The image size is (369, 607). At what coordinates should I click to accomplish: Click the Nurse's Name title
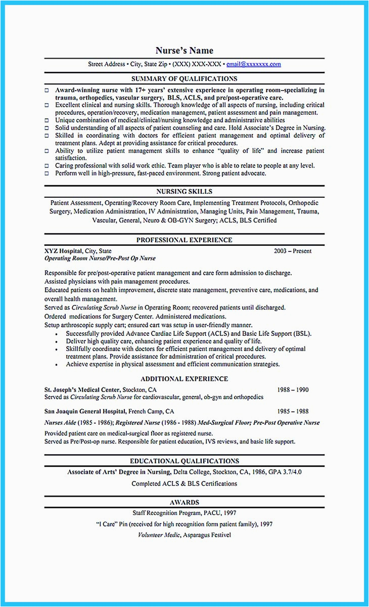click(184, 51)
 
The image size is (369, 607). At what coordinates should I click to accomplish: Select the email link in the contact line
click(253, 64)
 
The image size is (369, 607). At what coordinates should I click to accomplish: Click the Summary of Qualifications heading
click(184, 79)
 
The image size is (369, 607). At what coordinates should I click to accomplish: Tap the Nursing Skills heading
click(184, 192)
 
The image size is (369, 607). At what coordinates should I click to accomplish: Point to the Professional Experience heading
click(184, 240)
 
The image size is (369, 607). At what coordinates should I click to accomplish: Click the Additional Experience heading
click(184, 379)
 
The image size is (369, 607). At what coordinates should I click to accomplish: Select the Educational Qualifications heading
click(184, 461)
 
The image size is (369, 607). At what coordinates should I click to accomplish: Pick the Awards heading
click(184, 502)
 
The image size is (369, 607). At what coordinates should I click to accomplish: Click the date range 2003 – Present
click(293, 251)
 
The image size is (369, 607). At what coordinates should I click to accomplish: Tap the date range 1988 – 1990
click(293, 390)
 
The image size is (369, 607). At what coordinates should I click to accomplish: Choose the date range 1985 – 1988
click(293, 412)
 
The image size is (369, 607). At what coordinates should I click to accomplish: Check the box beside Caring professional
click(47, 166)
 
